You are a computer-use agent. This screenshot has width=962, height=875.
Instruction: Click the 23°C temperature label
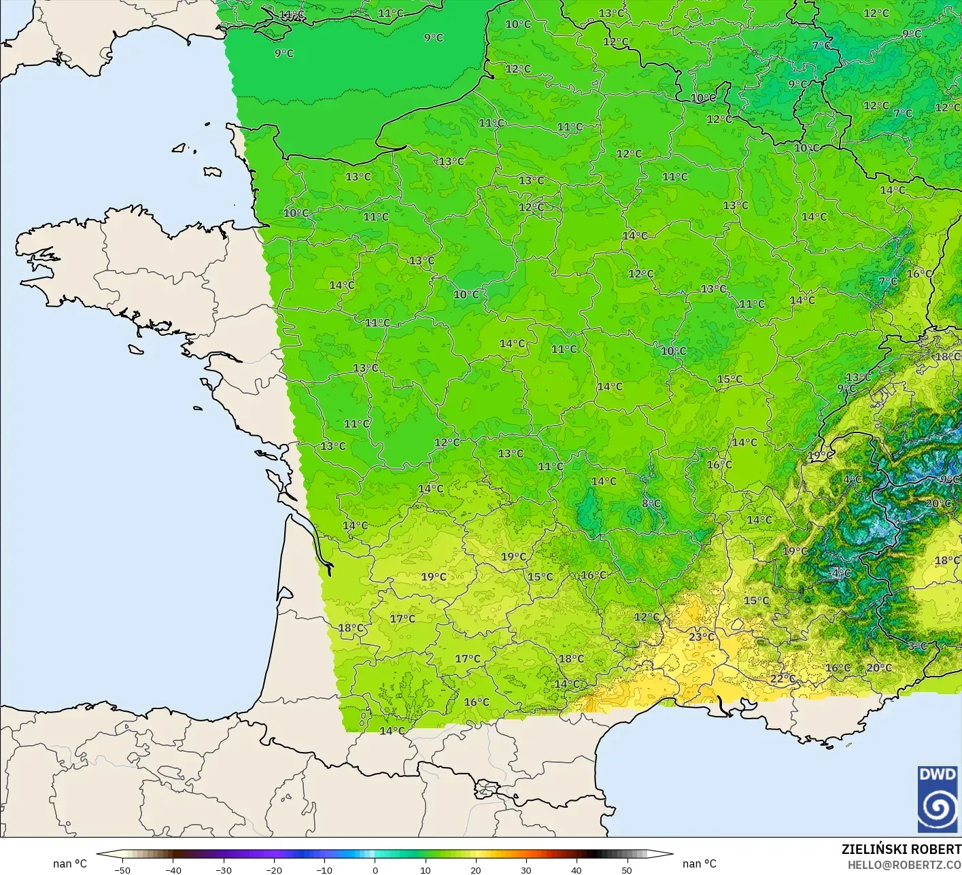pyautogui.click(x=702, y=637)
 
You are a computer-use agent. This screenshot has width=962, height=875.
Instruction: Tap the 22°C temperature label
pyautogui.click(x=783, y=679)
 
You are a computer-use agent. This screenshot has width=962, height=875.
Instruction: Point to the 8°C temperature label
pyautogui.click(x=651, y=504)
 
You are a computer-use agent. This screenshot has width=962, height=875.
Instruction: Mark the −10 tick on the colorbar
pyautogui.click(x=324, y=870)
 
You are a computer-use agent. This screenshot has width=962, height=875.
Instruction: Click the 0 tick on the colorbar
pyautogui.click(x=375, y=870)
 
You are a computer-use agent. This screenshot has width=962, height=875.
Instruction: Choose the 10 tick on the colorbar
pyautogui.click(x=425, y=870)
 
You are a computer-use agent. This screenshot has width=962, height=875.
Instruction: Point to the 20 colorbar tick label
pyautogui.click(x=475, y=870)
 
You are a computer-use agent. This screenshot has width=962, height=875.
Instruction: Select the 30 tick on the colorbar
pyautogui.click(x=526, y=870)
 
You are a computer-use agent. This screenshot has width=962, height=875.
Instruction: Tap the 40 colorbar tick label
pyautogui.click(x=576, y=870)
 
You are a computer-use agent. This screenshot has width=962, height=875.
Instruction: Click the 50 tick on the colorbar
pyautogui.click(x=626, y=870)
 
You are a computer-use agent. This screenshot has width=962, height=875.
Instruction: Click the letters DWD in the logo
pyautogui.click(x=938, y=774)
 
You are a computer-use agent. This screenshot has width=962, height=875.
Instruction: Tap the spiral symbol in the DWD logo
pyautogui.click(x=938, y=808)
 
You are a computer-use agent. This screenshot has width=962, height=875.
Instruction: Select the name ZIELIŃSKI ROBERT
pyautogui.click(x=901, y=849)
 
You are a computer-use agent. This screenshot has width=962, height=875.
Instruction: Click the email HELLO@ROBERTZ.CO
pyautogui.click(x=904, y=864)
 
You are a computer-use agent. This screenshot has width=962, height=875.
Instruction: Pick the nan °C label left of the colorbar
pyautogui.click(x=70, y=863)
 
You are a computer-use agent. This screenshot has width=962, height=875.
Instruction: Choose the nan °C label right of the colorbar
pyautogui.click(x=700, y=863)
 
